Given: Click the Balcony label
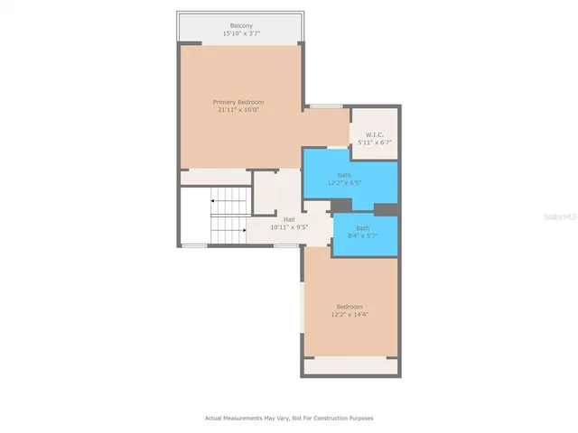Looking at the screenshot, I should click(240, 25).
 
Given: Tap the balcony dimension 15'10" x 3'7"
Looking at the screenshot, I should click(240, 33).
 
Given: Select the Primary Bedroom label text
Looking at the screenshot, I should click(238, 102).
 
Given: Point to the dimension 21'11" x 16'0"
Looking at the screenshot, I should click(238, 110).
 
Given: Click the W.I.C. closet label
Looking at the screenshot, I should click(375, 134).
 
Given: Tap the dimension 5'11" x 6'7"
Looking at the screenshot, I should click(375, 143).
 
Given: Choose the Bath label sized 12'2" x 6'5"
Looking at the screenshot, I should click(344, 175).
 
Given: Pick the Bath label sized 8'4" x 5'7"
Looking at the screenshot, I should click(361, 228).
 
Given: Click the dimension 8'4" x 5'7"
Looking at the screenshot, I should click(361, 236).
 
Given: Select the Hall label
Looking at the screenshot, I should click(289, 219).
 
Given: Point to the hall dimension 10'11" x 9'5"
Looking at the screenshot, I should click(289, 227).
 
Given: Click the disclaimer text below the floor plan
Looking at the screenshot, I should click(289, 418).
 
